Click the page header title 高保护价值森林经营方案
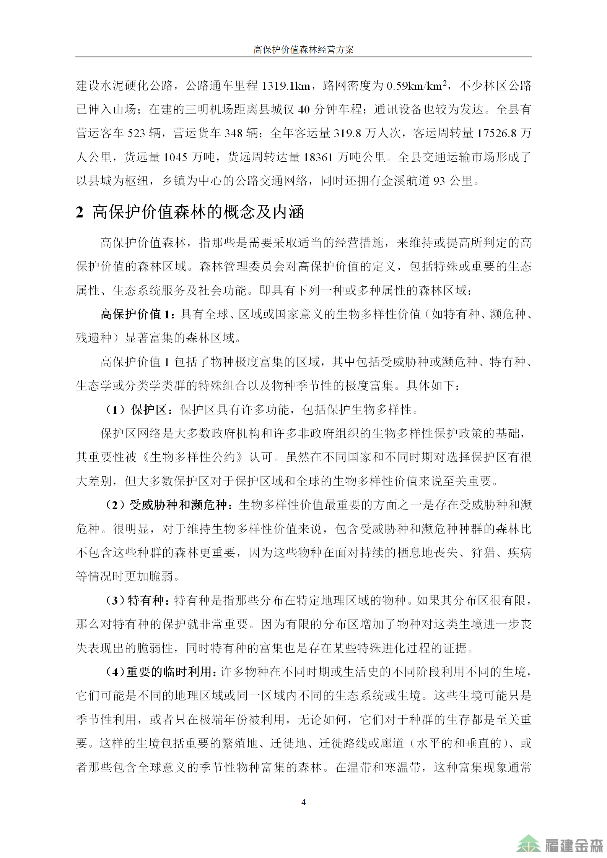click(303, 49)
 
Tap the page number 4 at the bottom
click(303, 802)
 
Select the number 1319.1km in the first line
click(286, 86)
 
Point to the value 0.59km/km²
click(417, 86)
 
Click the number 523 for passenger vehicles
click(136, 133)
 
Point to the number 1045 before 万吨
click(176, 157)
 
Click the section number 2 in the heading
click(79, 212)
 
